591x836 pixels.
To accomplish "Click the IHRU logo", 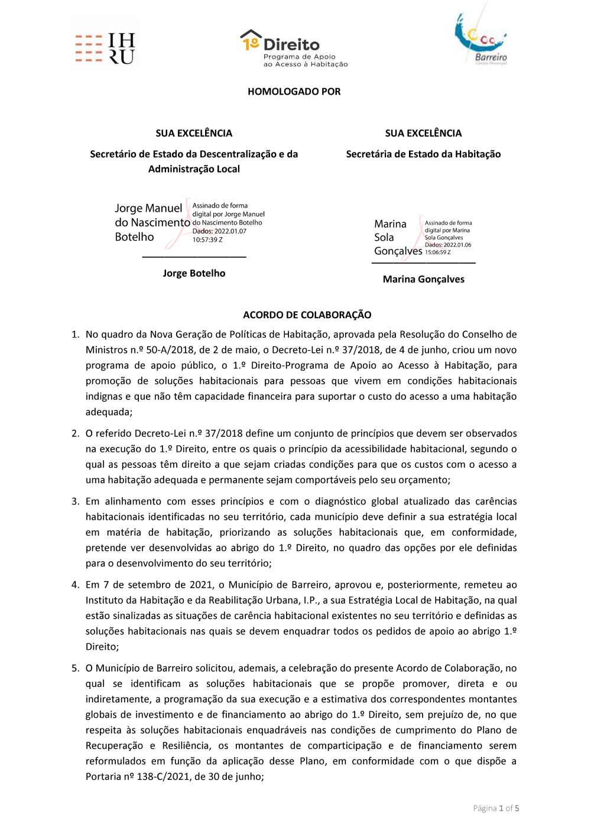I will (x=105, y=48).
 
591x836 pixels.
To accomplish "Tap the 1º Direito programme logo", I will (x=294, y=48).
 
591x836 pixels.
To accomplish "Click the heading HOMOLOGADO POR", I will (x=294, y=92).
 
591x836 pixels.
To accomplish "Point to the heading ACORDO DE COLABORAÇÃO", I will (x=307, y=315).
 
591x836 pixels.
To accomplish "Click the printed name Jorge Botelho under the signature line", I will (x=194, y=273).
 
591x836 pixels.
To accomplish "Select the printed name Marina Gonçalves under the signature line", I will (x=423, y=279).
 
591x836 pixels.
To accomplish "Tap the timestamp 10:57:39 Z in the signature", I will (x=207, y=240).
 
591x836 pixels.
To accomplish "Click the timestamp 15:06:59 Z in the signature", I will (x=438, y=252).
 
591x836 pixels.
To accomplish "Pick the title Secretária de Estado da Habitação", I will (x=423, y=154).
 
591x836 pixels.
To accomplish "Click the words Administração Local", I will (x=194, y=169).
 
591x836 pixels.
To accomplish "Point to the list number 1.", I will (x=75, y=335).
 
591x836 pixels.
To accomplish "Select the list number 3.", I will (x=75, y=501).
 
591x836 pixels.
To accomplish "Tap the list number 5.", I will (x=75, y=668).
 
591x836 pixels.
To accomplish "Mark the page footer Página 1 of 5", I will (x=496, y=808).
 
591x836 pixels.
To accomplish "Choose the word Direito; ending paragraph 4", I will (x=102, y=647).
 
